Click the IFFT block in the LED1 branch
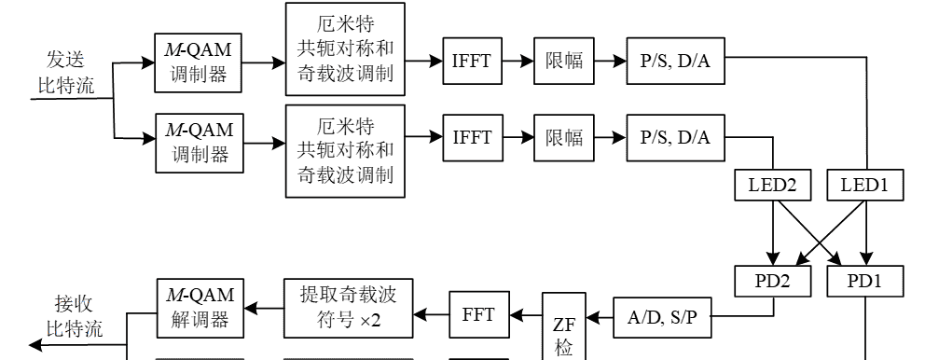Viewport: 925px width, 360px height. (472, 62)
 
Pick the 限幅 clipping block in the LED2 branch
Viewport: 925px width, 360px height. (564, 137)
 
